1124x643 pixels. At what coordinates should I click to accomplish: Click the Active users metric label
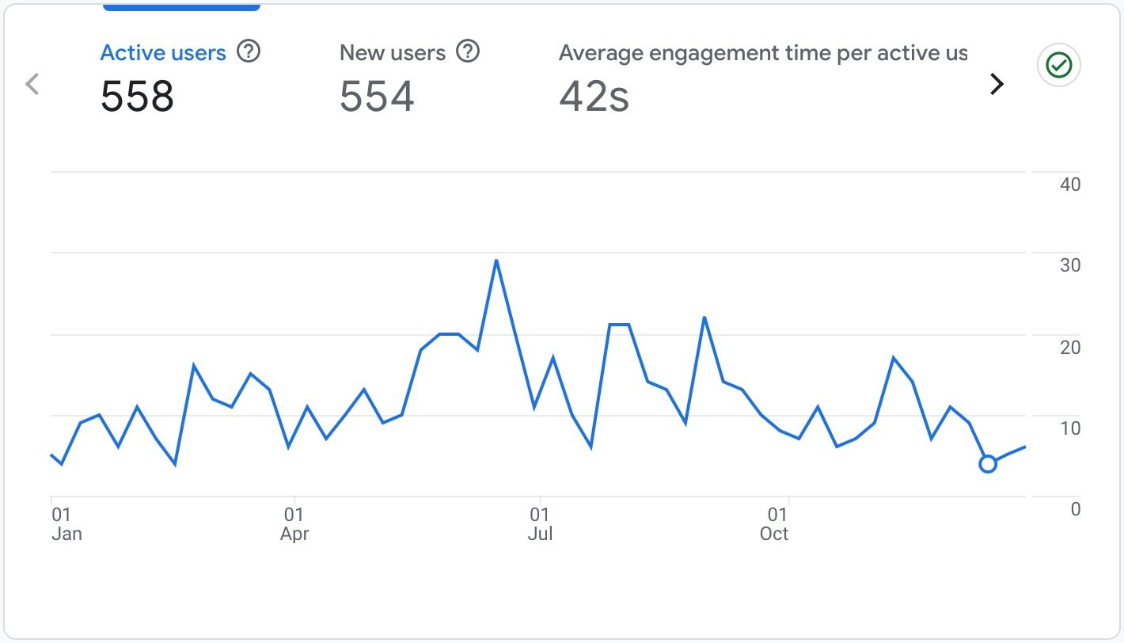[163, 53]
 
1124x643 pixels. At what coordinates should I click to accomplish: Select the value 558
[137, 97]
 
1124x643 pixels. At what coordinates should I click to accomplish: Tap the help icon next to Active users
[249, 52]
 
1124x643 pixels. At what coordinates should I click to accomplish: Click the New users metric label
[393, 53]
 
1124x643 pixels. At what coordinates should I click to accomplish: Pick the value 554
[377, 97]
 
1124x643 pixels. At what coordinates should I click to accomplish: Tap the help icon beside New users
[469, 52]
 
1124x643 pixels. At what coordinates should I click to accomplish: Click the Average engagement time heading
[762, 53]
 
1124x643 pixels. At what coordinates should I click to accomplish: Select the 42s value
[594, 97]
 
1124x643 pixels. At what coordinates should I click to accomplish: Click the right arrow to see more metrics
[997, 83]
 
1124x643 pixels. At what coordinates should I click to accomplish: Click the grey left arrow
[32, 83]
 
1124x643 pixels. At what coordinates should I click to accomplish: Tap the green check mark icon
[1059, 65]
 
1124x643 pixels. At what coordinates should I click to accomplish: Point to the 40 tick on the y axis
[1070, 185]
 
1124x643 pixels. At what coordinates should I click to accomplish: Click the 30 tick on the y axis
[1070, 265]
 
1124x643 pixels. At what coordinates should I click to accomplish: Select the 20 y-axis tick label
[1070, 347]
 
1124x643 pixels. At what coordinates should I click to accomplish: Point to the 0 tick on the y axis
[1075, 509]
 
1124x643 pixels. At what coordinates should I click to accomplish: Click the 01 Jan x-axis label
[66, 524]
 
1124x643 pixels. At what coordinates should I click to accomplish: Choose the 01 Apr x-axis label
[294, 524]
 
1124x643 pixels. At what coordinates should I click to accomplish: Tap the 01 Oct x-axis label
[776, 524]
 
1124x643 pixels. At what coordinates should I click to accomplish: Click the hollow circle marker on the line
[987, 464]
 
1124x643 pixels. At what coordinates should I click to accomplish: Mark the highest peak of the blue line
[496, 261]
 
